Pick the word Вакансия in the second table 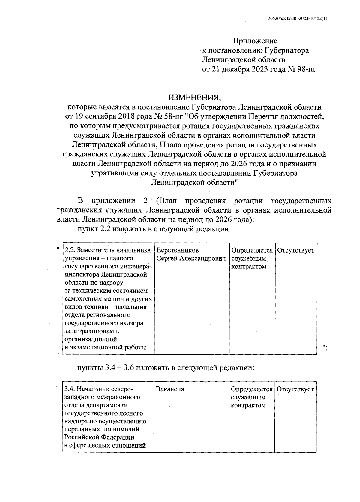170,389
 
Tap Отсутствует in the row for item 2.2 295,250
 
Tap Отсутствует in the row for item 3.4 295,389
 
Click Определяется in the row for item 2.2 252,250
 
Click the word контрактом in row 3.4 248,405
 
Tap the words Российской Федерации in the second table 99,437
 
